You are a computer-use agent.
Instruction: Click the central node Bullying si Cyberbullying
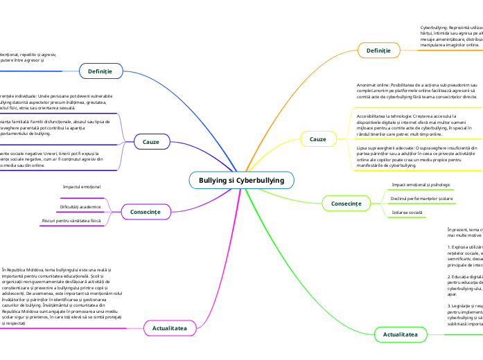click(241, 180)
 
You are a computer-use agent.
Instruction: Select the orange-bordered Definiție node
click(378, 51)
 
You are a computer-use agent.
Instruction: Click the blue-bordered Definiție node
click(100, 71)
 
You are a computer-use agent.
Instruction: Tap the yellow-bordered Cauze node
click(317, 139)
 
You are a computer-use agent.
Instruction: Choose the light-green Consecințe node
click(346, 204)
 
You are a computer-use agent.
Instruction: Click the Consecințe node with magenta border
click(146, 211)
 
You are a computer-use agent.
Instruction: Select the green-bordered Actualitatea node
click(400, 334)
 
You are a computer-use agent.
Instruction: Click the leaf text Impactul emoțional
click(82, 187)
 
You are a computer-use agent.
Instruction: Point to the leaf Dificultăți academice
click(80, 207)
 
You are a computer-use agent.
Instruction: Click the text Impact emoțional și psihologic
click(421, 185)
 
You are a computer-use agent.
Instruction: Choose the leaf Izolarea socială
click(407, 212)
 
